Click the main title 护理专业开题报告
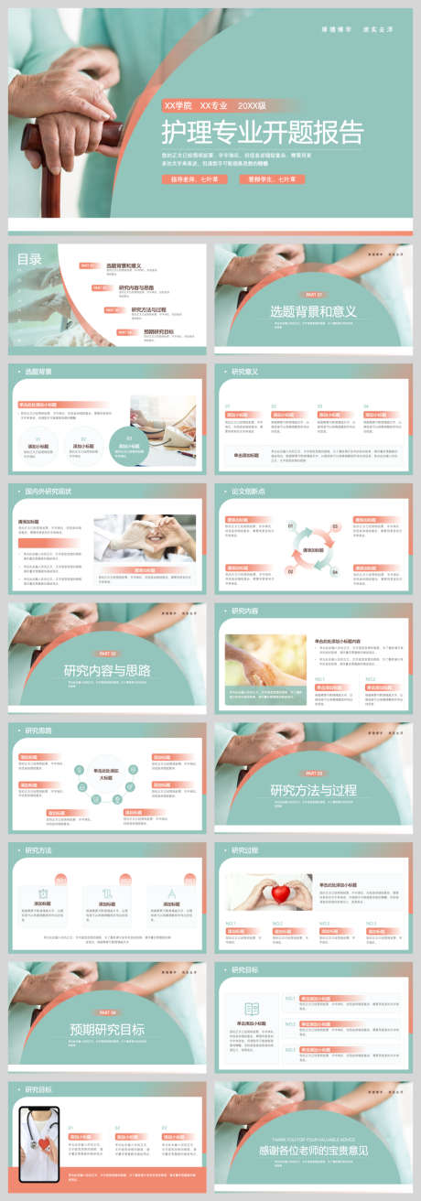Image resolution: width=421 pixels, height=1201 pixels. pyautogui.click(x=262, y=133)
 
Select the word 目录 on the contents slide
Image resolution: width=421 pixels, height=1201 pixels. pyautogui.click(x=29, y=259)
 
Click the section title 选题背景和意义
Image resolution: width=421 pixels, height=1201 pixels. pyautogui.click(x=313, y=311)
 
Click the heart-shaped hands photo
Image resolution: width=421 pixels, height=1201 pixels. pyautogui.click(x=144, y=538)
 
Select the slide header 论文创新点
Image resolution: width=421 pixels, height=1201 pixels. pyautogui.click(x=248, y=491)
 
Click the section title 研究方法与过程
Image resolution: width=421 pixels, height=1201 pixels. pyautogui.click(x=313, y=790)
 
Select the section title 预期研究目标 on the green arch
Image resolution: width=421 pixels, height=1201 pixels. pyautogui.click(x=107, y=1029)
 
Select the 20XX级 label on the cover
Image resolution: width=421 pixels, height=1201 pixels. pyautogui.click(x=252, y=106)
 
